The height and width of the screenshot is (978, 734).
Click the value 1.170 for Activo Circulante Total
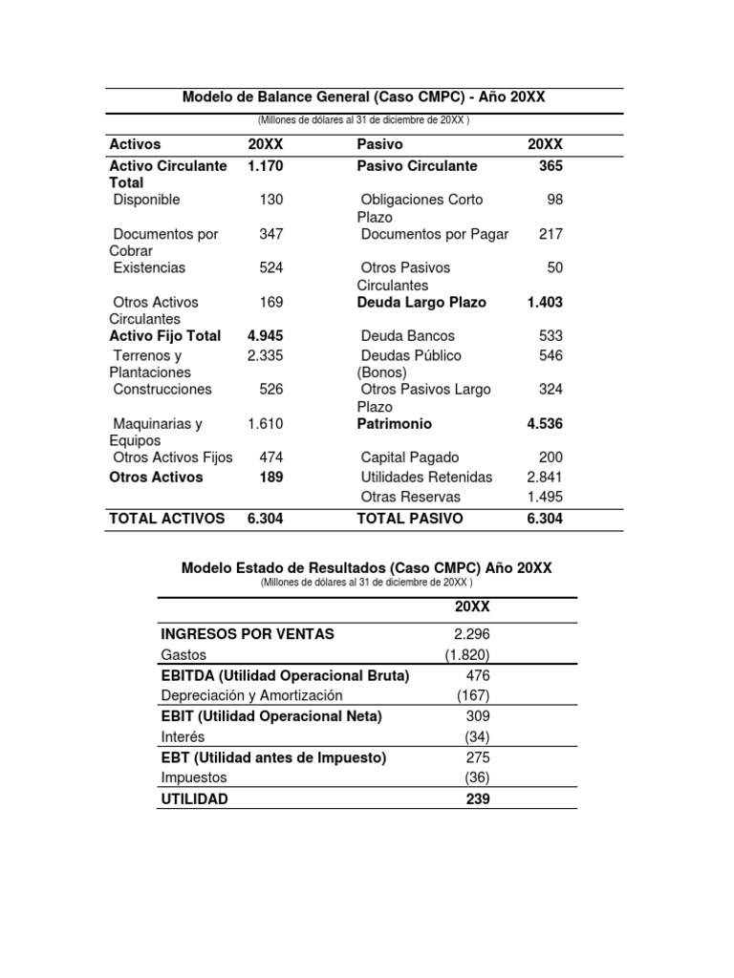click(x=265, y=166)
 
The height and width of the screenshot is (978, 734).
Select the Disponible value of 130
click(x=271, y=200)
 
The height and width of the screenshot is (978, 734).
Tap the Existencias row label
click(x=149, y=267)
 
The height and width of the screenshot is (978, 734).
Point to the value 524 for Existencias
click(x=271, y=267)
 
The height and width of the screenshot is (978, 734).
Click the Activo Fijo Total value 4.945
click(x=265, y=336)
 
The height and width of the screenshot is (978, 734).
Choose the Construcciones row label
click(x=162, y=390)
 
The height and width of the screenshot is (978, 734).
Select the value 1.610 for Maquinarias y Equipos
click(x=265, y=423)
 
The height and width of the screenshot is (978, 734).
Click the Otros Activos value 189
click(x=270, y=478)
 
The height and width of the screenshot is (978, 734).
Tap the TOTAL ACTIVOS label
click(x=167, y=519)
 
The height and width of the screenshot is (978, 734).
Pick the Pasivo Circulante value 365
click(x=550, y=166)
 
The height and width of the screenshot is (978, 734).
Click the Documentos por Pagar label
click(x=435, y=234)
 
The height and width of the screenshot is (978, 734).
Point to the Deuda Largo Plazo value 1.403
click(x=545, y=302)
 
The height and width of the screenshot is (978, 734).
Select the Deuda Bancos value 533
click(x=551, y=336)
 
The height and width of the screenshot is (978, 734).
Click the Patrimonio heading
click(x=394, y=423)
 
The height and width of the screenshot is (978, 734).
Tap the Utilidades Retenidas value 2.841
click(x=545, y=477)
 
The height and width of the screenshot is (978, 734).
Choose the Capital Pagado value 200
click(x=551, y=457)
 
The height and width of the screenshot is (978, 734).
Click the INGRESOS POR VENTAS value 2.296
click(x=471, y=634)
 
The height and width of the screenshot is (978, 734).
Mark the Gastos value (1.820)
click(x=467, y=655)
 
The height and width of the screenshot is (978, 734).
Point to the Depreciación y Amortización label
click(x=252, y=696)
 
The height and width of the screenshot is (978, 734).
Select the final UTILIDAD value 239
click(x=478, y=798)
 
